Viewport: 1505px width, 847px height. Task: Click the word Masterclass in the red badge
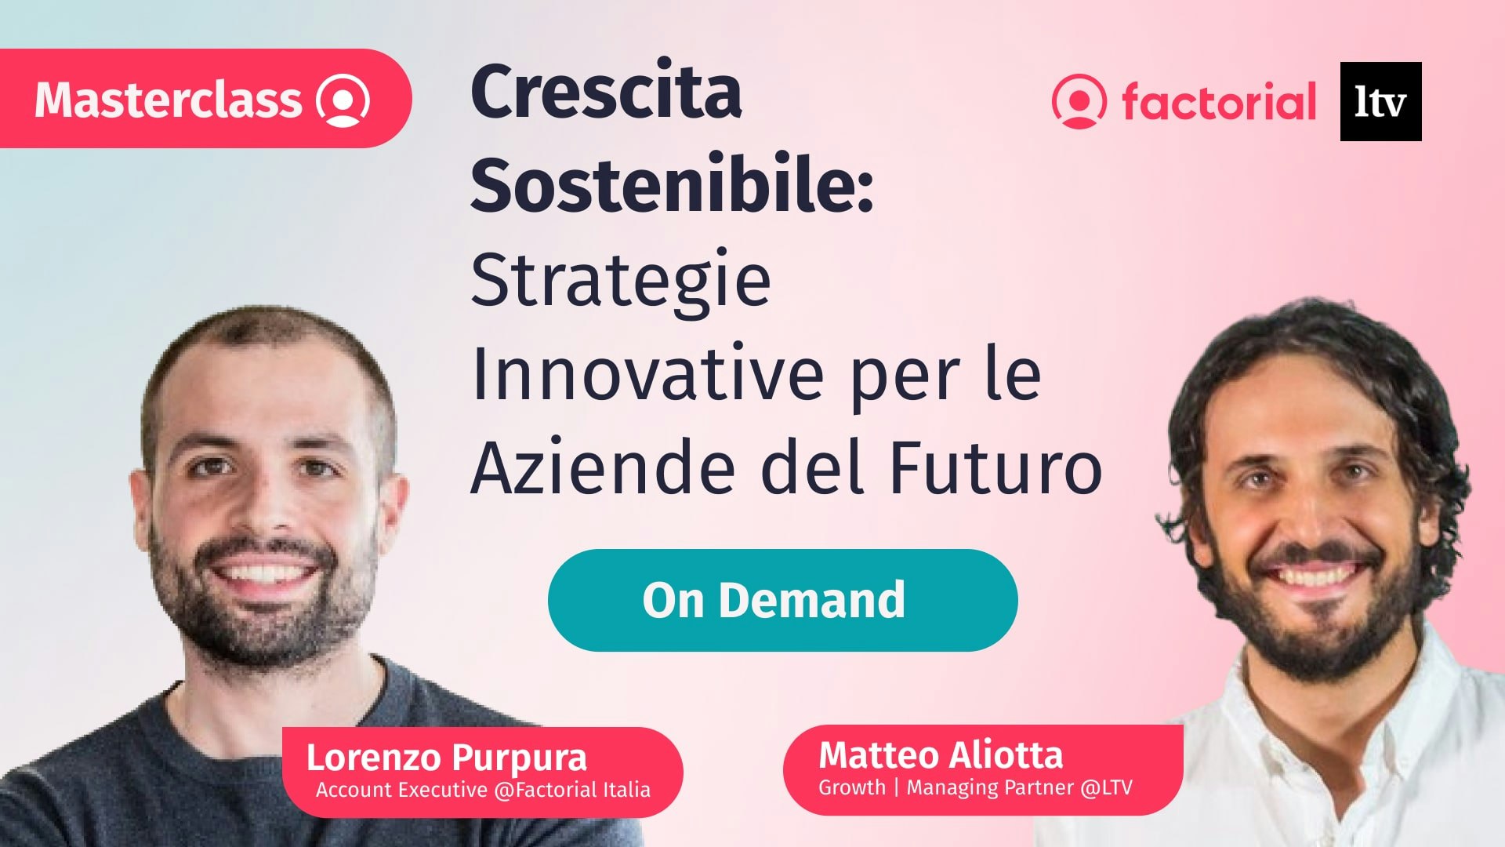pyautogui.click(x=168, y=100)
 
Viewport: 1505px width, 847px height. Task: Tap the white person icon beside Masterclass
pyautogui.click(x=343, y=100)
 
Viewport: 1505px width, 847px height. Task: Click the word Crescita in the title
pyautogui.click(x=606, y=92)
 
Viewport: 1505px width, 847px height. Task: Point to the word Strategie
pyautogui.click(x=621, y=281)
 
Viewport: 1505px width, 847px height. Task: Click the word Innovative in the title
pyautogui.click(x=647, y=374)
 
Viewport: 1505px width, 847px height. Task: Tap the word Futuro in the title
pyautogui.click(x=995, y=468)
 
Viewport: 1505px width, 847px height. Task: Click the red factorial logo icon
pyautogui.click(x=1079, y=101)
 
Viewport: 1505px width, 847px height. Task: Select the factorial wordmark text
pyautogui.click(x=1219, y=102)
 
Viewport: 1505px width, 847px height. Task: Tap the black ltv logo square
pyautogui.click(x=1380, y=101)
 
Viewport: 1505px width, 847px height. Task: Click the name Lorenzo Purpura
pyautogui.click(x=446, y=758)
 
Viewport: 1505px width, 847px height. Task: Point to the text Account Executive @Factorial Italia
pyautogui.click(x=483, y=790)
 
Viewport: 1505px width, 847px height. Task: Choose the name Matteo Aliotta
pyautogui.click(x=941, y=755)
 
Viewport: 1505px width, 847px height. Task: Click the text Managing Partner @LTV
pyautogui.click(x=1019, y=787)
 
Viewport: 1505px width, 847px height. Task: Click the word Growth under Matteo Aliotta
pyautogui.click(x=851, y=787)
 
